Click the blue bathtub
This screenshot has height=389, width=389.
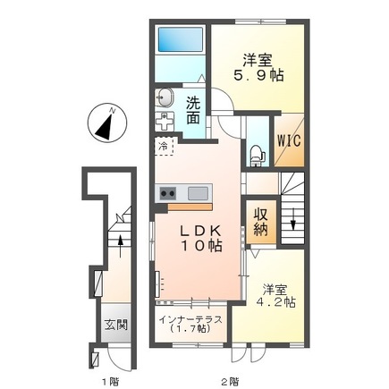181,39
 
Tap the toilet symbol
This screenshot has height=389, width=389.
258,156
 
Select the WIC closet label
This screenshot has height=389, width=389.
289,140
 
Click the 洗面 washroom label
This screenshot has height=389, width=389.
193,111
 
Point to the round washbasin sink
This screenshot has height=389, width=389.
164,97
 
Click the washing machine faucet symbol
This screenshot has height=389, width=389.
165,122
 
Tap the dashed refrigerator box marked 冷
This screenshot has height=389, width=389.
164,147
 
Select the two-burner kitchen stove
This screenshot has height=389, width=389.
168,193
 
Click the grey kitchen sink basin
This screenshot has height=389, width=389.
198,193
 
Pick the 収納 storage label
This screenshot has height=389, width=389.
260,222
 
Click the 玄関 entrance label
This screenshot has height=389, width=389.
116,325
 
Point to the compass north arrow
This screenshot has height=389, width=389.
105,125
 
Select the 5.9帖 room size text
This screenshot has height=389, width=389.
258,75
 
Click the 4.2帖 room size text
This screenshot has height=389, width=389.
276,302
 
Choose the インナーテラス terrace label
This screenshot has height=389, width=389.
190,320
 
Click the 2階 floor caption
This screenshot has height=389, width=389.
230,381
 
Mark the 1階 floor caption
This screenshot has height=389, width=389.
111,381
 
